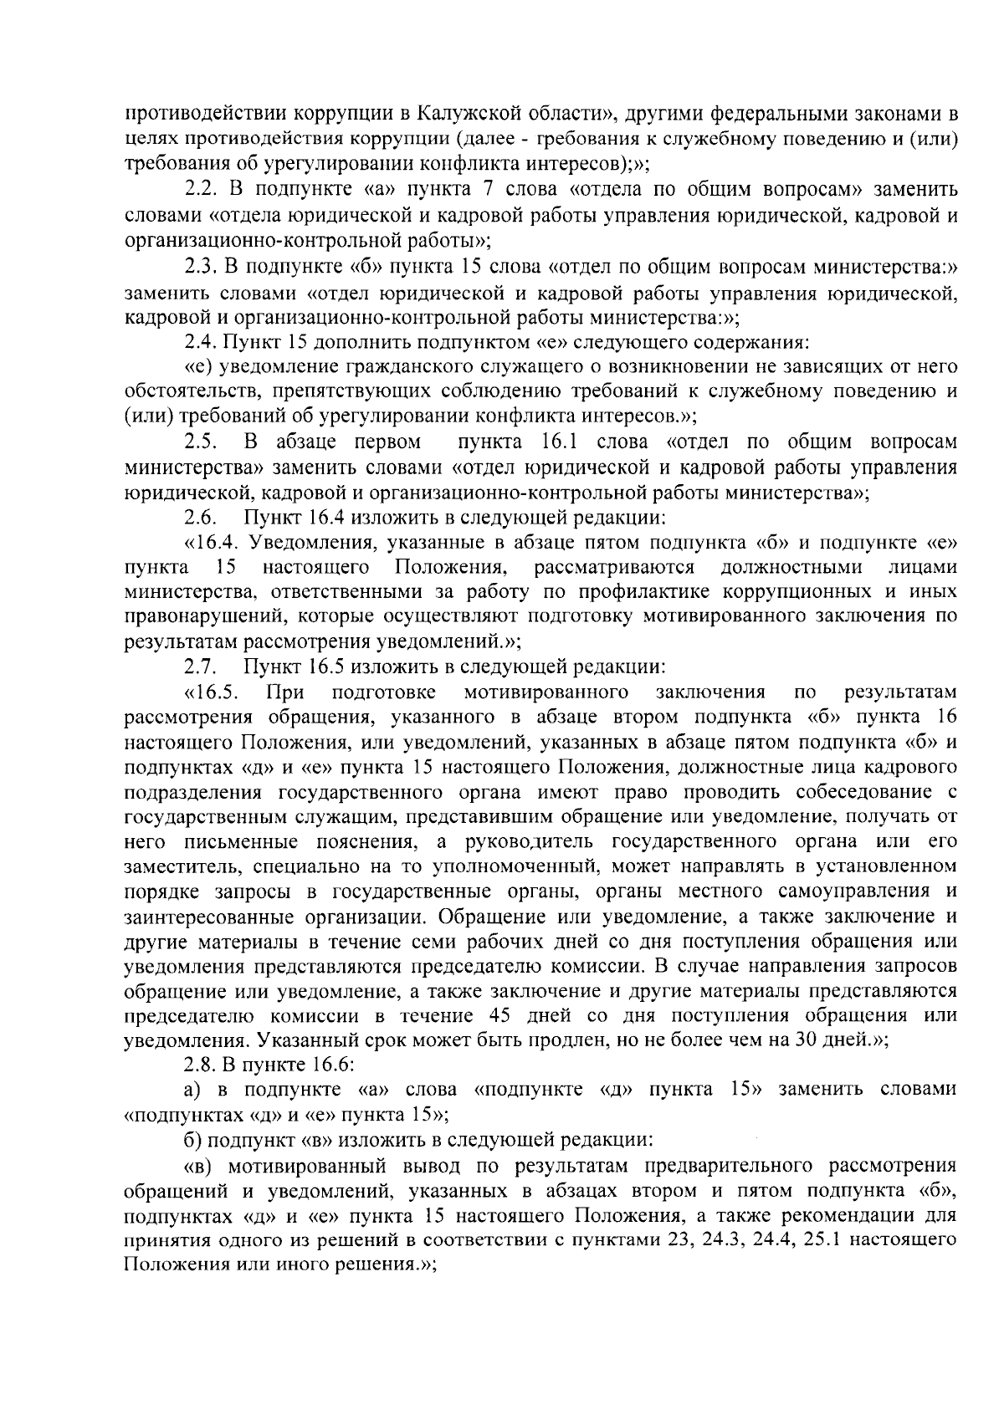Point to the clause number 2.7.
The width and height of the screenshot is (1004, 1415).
202,667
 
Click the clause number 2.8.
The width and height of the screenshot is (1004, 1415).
201,1065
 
